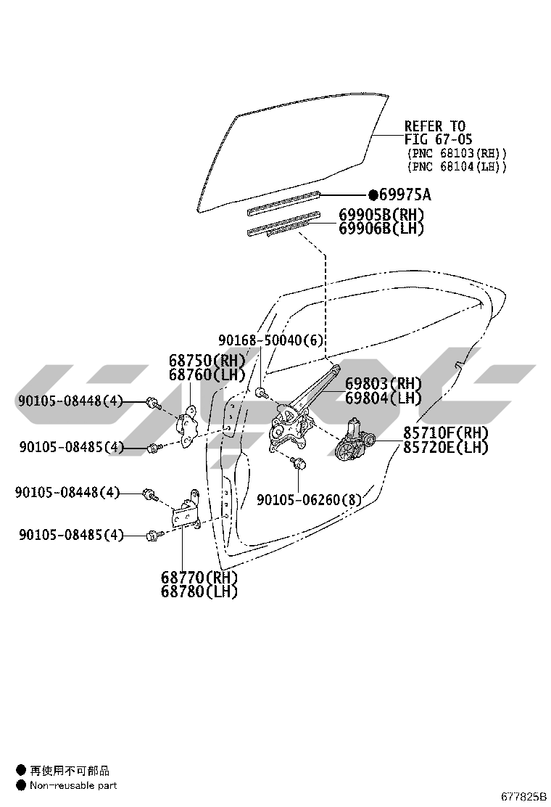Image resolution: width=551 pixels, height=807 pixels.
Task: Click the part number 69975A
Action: (x=405, y=194)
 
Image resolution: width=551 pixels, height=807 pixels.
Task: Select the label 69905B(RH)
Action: (x=381, y=215)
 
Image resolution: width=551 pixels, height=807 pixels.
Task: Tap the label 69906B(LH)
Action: (x=381, y=229)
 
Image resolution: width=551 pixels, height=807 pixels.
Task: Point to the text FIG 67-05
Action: (x=438, y=139)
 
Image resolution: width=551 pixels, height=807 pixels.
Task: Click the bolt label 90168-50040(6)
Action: (x=271, y=340)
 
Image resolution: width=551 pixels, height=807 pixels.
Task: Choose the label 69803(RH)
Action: (x=383, y=383)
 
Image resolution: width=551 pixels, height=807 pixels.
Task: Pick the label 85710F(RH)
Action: (x=446, y=433)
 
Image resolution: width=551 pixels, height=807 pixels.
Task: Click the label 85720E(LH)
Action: (x=446, y=447)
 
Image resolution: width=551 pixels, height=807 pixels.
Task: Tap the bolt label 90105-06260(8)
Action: (x=309, y=499)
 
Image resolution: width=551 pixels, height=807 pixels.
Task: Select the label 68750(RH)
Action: (x=207, y=360)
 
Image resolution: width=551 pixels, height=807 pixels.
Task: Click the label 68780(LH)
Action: (x=199, y=592)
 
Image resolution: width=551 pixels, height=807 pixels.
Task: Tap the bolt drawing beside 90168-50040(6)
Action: (x=262, y=393)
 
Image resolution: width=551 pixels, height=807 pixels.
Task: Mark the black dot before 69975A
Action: (x=373, y=194)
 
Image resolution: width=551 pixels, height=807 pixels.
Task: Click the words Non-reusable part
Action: (x=73, y=785)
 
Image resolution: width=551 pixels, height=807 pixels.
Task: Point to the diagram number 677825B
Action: (x=523, y=798)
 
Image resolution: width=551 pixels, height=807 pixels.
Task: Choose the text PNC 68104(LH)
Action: (x=457, y=167)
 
